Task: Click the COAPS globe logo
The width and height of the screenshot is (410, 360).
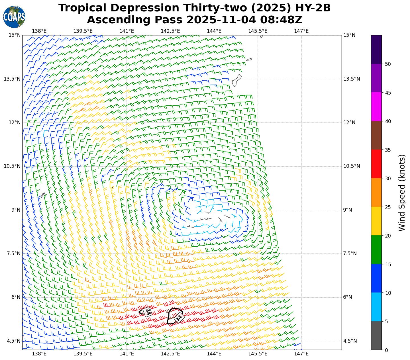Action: click(14, 17)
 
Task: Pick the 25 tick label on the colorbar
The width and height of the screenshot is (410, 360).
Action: click(387, 207)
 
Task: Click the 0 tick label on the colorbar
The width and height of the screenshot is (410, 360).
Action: click(386, 350)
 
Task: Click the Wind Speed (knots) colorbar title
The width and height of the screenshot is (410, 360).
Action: click(402, 193)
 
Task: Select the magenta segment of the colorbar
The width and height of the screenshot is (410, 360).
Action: click(376, 107)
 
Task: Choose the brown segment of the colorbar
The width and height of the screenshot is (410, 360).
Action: click(376, 135)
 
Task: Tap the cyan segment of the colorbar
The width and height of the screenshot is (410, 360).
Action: click(376, 307)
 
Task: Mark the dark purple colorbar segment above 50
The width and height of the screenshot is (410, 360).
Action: click(376, 49)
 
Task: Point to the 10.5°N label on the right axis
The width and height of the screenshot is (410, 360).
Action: click(352, 166)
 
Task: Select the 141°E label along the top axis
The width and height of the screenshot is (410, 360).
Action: click(127, 31)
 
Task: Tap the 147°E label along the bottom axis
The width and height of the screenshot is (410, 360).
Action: click(301, 354)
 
